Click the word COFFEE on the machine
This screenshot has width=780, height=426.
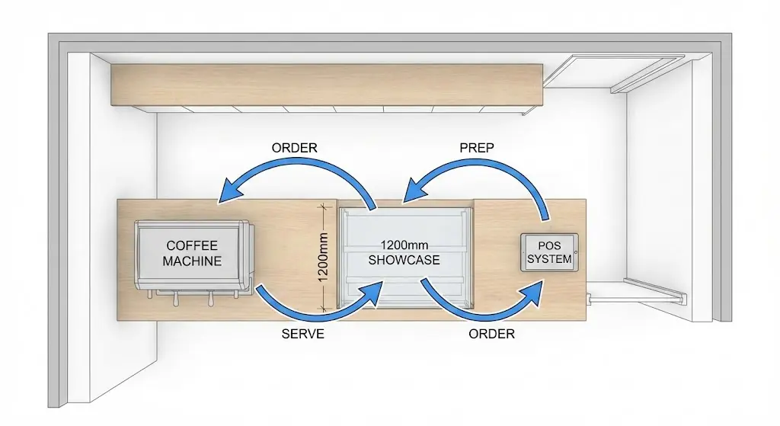(192, 245)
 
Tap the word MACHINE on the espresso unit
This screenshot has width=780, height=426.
(192, 261)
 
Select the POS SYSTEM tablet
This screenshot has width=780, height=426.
(550, 252)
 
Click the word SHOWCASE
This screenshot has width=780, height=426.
(404, 260)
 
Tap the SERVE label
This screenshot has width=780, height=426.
(302, 334)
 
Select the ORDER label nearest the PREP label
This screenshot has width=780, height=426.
(295, 148)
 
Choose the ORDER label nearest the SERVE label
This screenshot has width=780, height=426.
(491, 334)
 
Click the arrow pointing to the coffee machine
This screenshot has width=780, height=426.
(297, 174)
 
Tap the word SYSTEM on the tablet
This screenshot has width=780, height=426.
(549, 259)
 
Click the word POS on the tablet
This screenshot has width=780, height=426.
(549, 246)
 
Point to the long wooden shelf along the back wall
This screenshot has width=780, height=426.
(328, 85)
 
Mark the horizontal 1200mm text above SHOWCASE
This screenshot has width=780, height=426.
(404, 246)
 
